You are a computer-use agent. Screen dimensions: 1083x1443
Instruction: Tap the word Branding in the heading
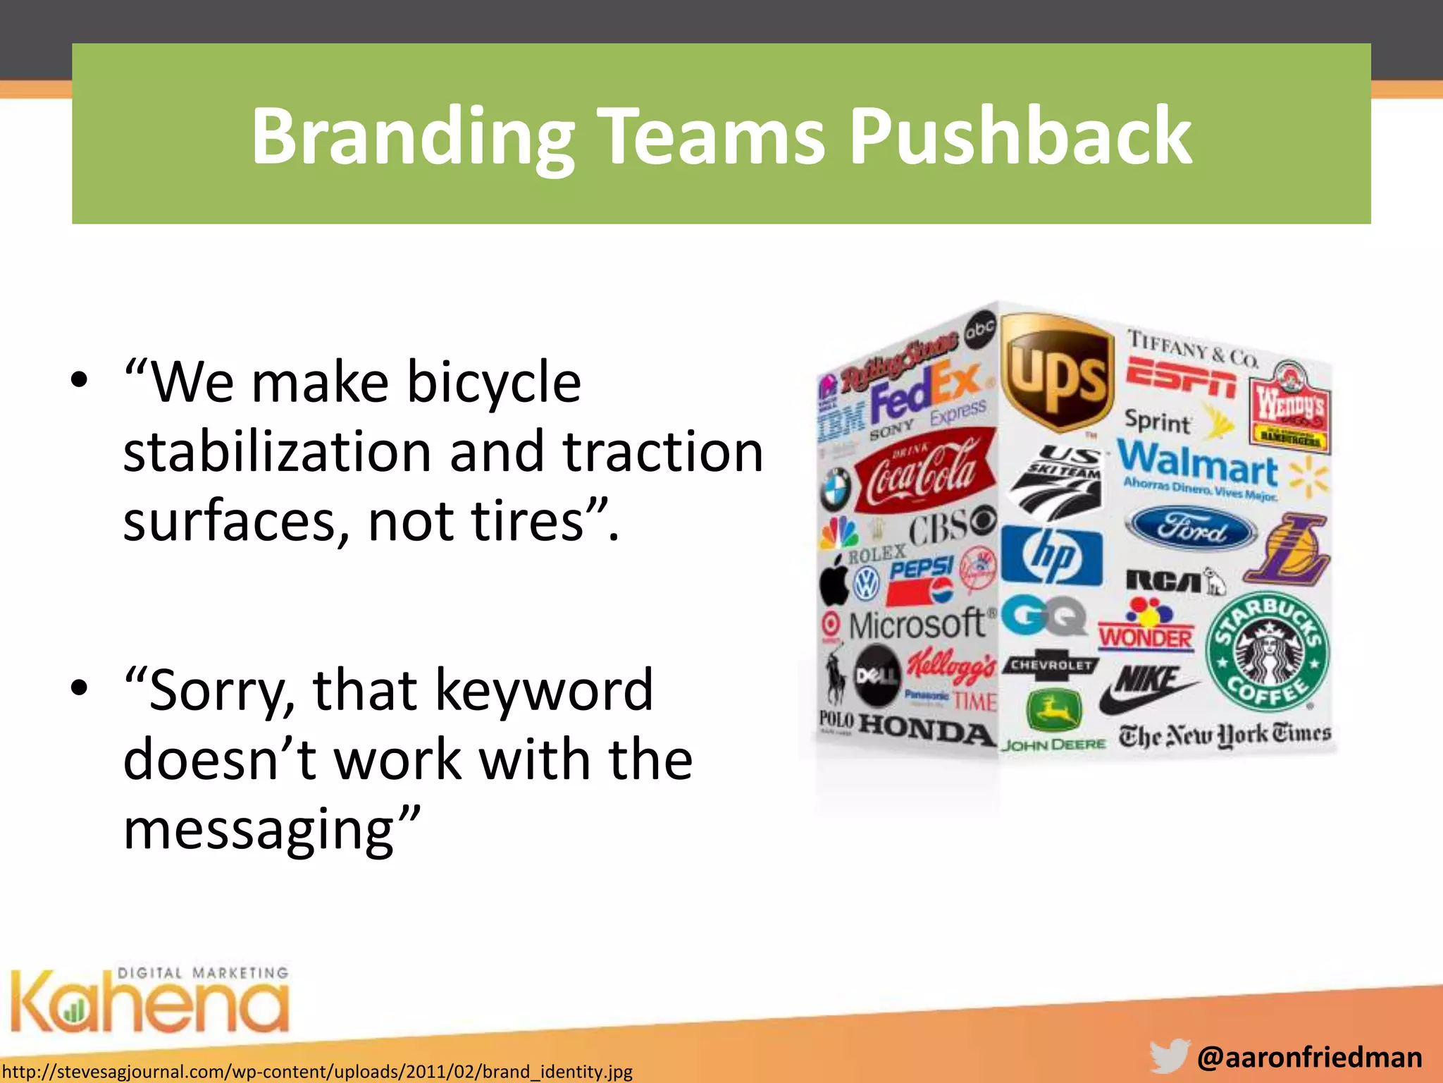[x=413, y=136]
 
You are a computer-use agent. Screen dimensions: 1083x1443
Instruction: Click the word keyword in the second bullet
[x=544, y=690]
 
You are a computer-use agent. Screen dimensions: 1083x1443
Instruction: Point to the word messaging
[x=271, y=830]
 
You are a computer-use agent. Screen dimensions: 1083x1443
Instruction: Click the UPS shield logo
[x=1057, y=374]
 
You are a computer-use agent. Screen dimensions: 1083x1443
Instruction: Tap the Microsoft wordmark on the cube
[x=917, y=625]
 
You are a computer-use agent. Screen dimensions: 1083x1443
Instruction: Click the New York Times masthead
[x=1225, y=735]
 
